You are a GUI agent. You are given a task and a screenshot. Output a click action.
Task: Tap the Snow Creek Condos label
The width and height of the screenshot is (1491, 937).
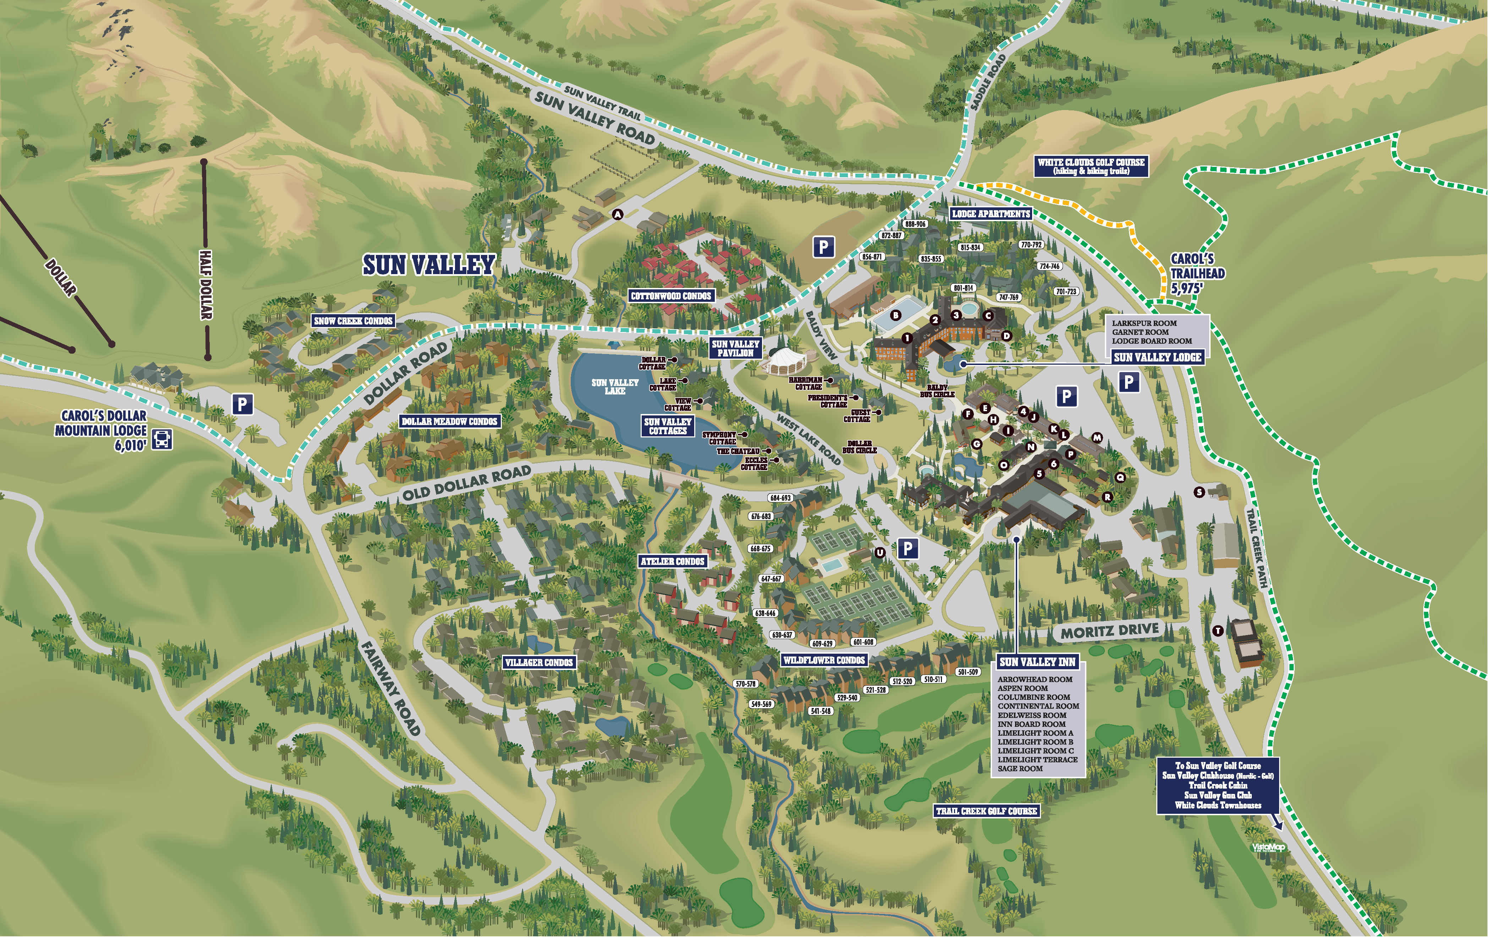(x=353, y=321)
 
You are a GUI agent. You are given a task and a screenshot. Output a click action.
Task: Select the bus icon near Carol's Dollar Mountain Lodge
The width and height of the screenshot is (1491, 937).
(x=163, y=440)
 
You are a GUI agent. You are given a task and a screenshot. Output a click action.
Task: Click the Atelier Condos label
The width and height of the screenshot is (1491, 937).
(x=673, y=561)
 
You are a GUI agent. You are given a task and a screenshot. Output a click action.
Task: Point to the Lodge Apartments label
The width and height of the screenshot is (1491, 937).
(x=991, y=214)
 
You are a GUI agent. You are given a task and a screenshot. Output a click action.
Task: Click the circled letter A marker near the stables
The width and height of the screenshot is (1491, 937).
(x=617, y=214)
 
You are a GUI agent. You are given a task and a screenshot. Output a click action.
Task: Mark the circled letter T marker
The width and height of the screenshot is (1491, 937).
(x=1217, y=631)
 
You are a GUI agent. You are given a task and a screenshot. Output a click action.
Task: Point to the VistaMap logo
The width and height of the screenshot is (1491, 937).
(x=1268, y=847)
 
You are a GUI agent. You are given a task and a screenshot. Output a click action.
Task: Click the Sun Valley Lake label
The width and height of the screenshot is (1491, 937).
(x=615, y=386)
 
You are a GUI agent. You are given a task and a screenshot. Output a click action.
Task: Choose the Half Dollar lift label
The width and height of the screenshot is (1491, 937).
(x=206, y=285)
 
